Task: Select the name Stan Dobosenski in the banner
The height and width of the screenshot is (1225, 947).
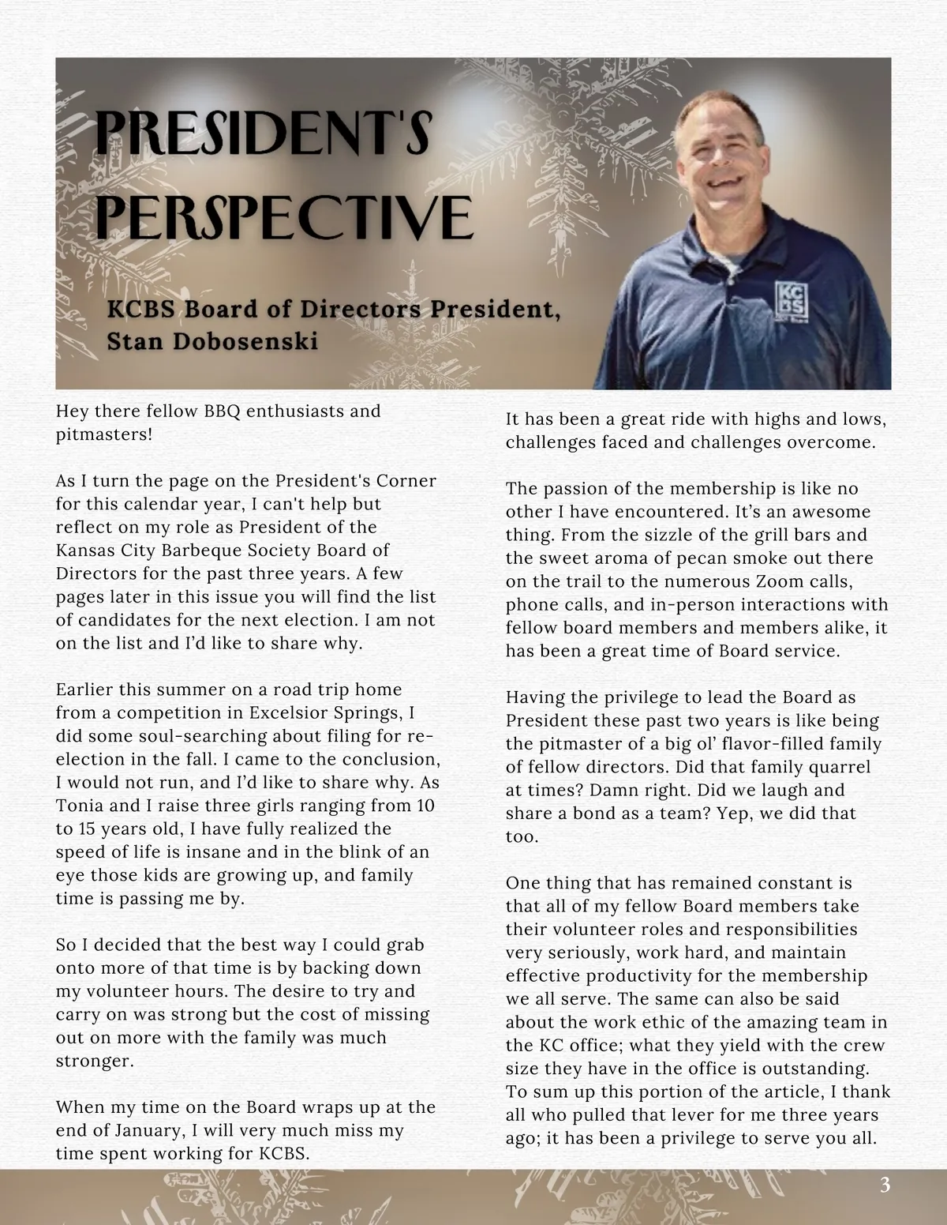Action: [212, 342]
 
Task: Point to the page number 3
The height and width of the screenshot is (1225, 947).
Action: [885, 1185]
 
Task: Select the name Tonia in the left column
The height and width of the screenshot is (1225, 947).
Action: [77, 806]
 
